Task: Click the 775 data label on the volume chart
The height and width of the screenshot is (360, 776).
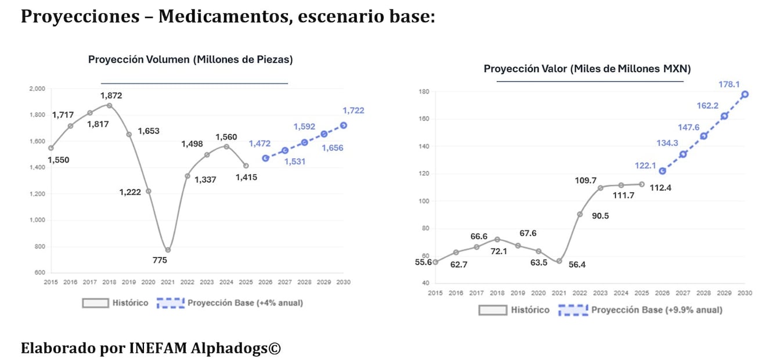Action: pos(160,260)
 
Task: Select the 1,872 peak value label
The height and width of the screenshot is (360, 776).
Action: pos(111,95)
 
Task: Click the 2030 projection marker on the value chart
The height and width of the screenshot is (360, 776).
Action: pos(745,94)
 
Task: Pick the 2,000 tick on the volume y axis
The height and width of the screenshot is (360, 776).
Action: pos(36,89)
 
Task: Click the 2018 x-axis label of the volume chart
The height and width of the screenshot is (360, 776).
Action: pos(110,282)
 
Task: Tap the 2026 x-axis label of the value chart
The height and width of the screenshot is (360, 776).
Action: pos(662,293)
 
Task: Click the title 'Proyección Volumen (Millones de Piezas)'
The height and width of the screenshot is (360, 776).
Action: pos(190,59)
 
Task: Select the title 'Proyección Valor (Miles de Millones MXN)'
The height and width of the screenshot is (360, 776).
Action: pos(587,69)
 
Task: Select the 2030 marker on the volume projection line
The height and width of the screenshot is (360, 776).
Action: pos(343,125)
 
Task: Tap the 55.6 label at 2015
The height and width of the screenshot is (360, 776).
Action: pos(423,262)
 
